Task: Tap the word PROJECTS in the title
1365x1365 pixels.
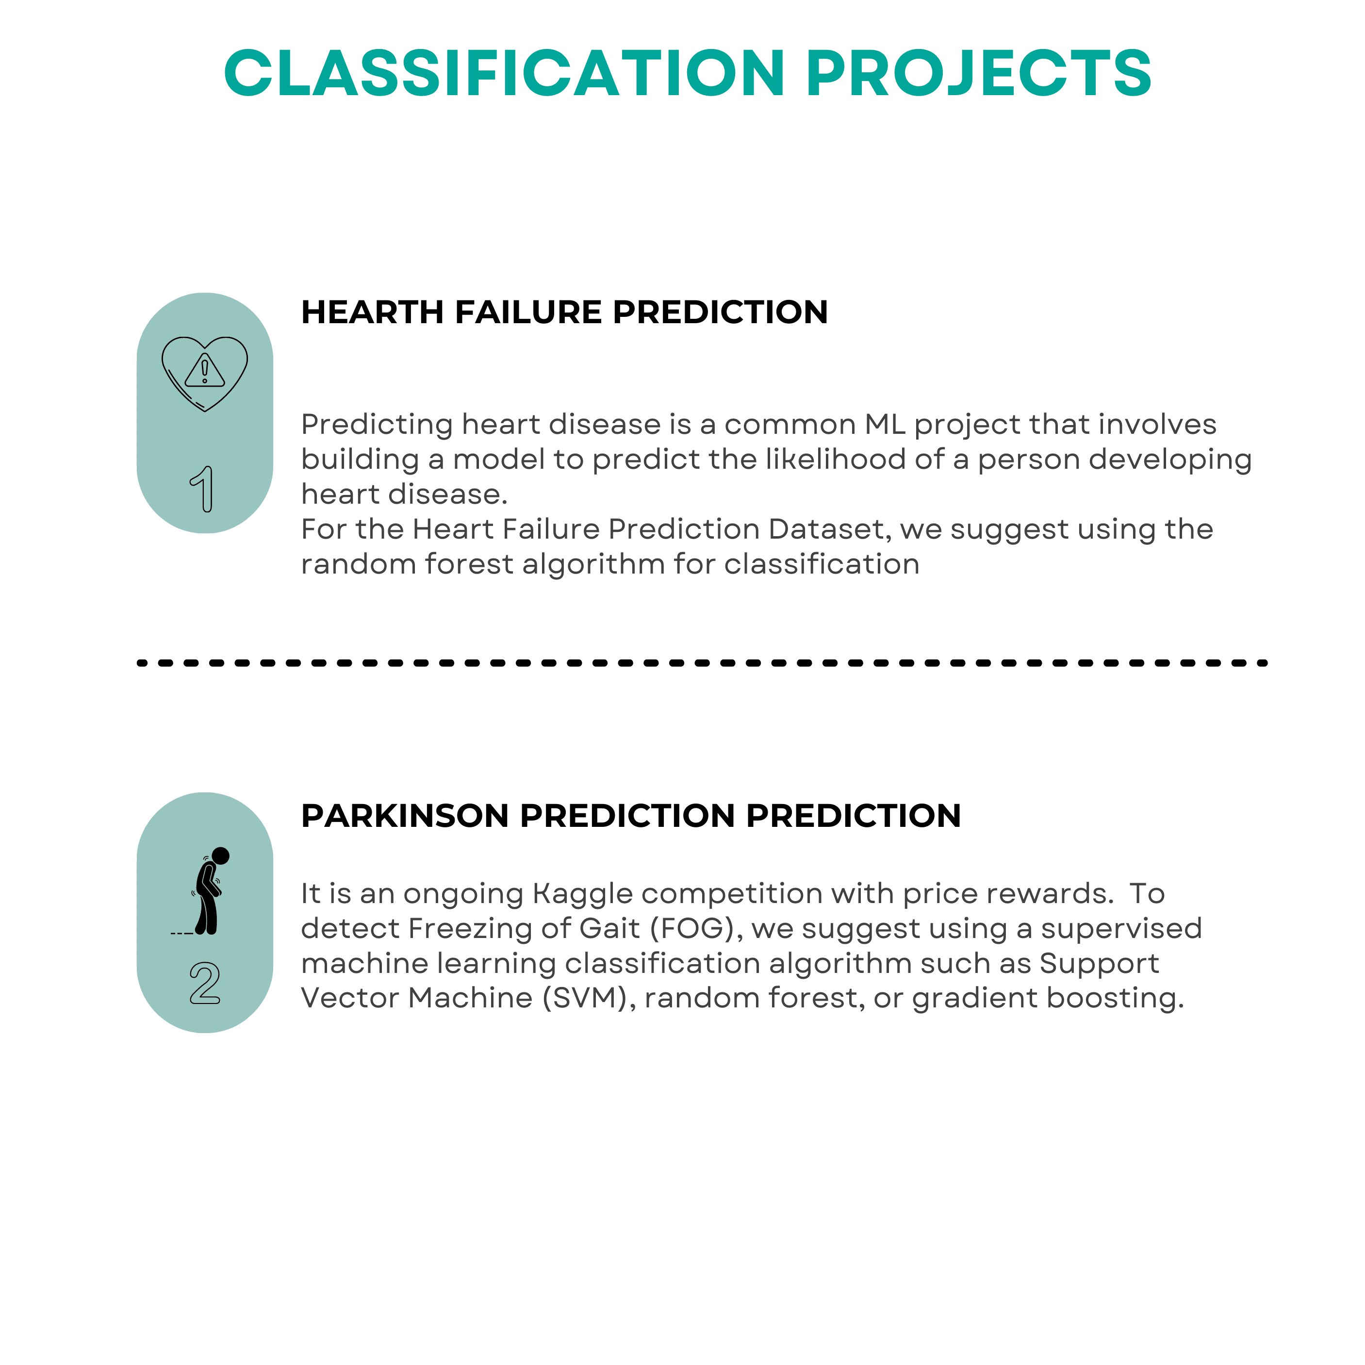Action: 979,73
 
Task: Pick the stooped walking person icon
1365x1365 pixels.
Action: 209,891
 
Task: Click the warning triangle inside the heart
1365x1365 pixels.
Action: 205,371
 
